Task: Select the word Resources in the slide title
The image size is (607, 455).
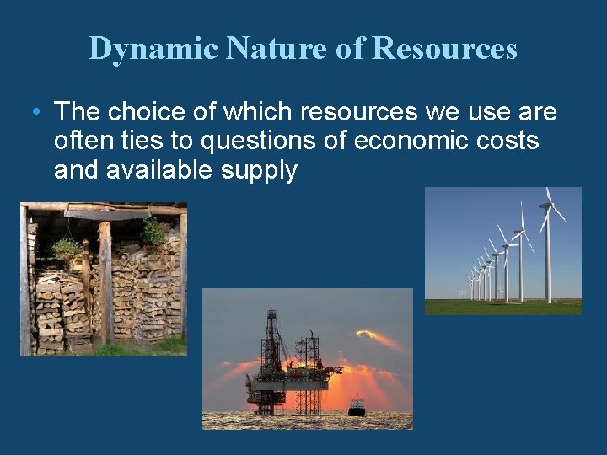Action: (444, 49)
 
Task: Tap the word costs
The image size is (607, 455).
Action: (509, 141)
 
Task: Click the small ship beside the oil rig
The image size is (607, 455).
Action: (357, 407)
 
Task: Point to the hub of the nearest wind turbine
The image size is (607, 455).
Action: (548, 206)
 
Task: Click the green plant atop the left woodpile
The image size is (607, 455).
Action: (66, 248)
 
